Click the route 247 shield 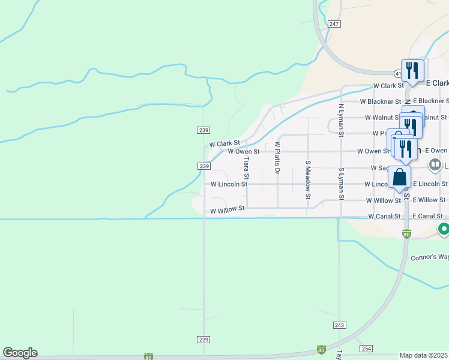pyautogui.click(x=335, y=24)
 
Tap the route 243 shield pyautogui.click(x=339, y=324)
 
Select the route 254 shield pyautogui.click(x=367, y=349)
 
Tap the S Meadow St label pyautogui.click(x=308, y=179)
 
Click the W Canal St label pyautogui.click(x=384, y=216)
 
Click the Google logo pyautogui.click(x=20, y=353)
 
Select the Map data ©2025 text pyautogui.click(x=424, y=355)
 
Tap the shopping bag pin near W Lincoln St pyautogui.click(x=400, y=178)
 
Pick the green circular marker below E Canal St pyautogui.click(x=444, y=229)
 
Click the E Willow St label pyautogui.click(x=430, y=200)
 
